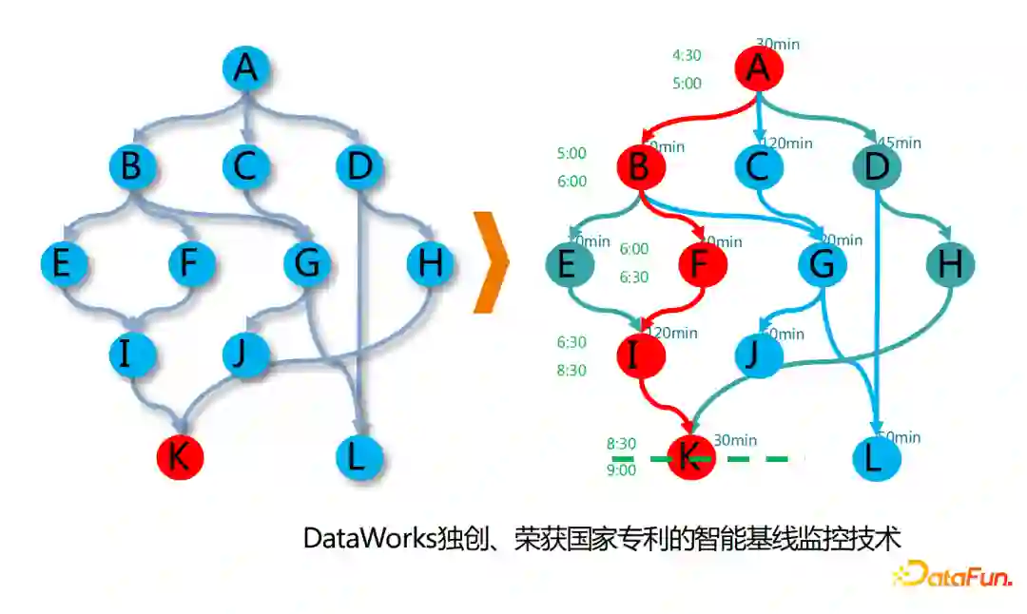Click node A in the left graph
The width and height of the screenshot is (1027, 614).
[246, 68]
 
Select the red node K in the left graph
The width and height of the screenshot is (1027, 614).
[180, 457]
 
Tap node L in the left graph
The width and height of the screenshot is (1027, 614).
[358, 457]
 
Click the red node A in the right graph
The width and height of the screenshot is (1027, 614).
[759, 67]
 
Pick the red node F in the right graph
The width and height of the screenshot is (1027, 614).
[702, 264]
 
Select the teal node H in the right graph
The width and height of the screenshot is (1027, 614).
[950, 264]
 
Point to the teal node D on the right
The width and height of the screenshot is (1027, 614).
[876, 167]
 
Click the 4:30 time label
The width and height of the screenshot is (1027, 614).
[687, 55]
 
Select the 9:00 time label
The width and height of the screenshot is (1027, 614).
[621, 470]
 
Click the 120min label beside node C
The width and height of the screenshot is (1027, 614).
[788, 144]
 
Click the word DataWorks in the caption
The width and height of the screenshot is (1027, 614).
[369, 538]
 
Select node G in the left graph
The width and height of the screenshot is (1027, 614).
[306, 263]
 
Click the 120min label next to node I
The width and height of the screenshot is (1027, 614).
[673, 333]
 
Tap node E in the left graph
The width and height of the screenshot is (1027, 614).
[63, 263]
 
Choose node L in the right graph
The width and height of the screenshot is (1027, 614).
[874, 458]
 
